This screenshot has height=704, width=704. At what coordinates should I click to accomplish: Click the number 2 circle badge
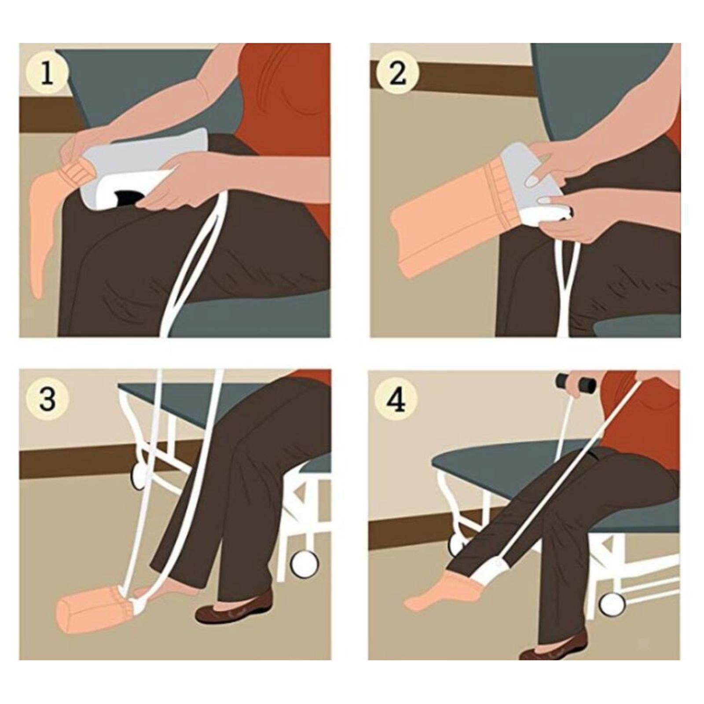pos(397,73)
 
